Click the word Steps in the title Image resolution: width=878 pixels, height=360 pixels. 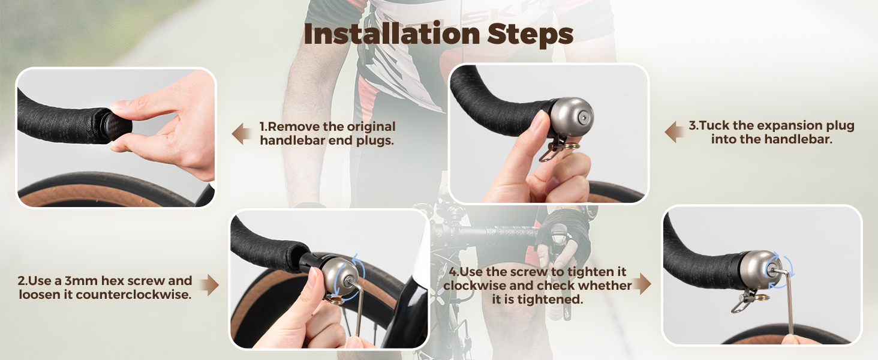coord(530,34)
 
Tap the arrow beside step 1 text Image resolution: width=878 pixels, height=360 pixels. coord(242,134)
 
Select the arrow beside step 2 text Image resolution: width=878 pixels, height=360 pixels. coord(209,286)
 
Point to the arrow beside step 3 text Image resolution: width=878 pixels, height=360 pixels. coord(675,132)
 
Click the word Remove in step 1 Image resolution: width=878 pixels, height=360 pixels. coord(293,127)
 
